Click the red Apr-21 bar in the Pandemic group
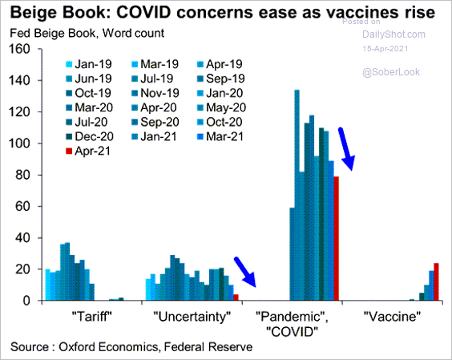pyautogui.click(x=336, y=238)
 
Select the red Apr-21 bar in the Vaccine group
pyautogui.click(x=436, y=281)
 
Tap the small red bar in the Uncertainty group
pyautogui.click(x=236, y=297)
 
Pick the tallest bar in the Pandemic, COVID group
pyautogui.click(x=297, y=195)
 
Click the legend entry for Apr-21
pyautogui.click(x=88, y=151)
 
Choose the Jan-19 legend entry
pyautogui.click(x=89, y=64)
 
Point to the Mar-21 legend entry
pyautogui.click(x=224, y=136)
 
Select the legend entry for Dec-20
pyautogui.click(x=90, y=136)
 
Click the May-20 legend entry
pyautogui.click(x=222, y=107)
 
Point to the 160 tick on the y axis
pyautogui.click(x=19, y=49)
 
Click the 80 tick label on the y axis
pyautogui.click(x=22, y=175)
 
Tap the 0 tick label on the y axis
pyautogui.click(x=26, y=301)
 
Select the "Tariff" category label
pyautogui.click(x=91, y=317)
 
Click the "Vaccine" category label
pyautogui.click(x=393, y=317)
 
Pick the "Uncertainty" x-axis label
pyautogui.click(x=192, y=317)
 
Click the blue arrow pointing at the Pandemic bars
pyautogui.click(x=346, y=149)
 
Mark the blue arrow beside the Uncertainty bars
pyautogui.click(x=245, y=272)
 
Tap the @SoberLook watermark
pyautogui.click(x=391, y=72)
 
